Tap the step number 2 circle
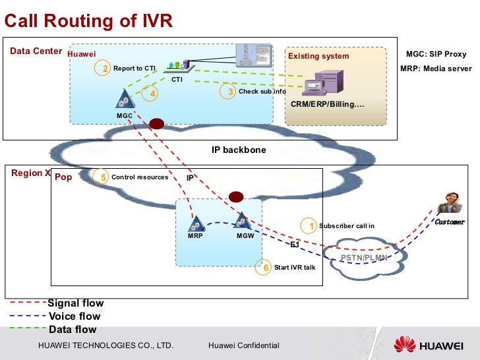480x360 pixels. click(x=104, y=69)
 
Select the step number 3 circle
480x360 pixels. click(x=231, y=92)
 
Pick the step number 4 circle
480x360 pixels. click(x=152, y=94)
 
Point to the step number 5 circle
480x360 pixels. click(x=103, y=177)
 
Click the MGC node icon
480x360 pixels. click(x=123, y=100)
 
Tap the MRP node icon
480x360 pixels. click(x=196, y=223)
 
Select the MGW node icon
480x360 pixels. click(x=242, y=221)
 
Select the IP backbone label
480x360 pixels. click(x=239, y=150)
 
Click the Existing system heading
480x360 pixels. click(x=318, y=56)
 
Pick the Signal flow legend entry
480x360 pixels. click(x=75, y=303)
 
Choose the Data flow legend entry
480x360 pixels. click(x=73, y=330)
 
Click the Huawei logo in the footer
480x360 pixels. click(x=431, y=345)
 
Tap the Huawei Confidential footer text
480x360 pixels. click(x=243, y=345)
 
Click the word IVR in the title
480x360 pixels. click(x=155, y=21)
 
